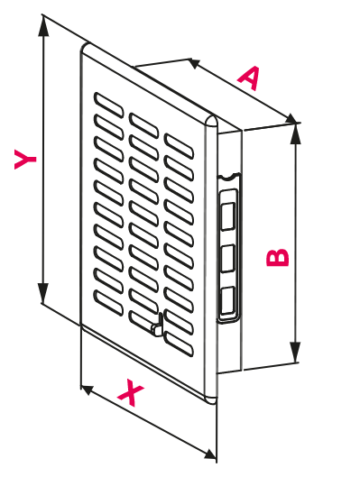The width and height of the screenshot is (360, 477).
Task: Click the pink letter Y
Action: (x=25, y=159)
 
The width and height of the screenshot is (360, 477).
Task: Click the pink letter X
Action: (x=131, y=392)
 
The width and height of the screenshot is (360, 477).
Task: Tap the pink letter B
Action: (x=277, y=258)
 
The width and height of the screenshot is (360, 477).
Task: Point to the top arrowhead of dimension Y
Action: (x=43, y=26)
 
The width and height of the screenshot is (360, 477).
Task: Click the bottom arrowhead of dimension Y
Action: (x=43, y=293)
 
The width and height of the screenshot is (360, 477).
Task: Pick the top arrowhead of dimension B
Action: (x=295, y=133)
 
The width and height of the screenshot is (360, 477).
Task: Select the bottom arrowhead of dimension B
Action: (x=295, y=352)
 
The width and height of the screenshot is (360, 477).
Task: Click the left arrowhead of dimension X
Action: (x=88, y=390)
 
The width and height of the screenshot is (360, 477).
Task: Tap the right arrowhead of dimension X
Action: (x=210, y=454)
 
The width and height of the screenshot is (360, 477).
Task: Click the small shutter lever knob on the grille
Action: (x=157, y=327)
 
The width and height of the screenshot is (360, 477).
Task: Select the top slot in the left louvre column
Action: (x=108, y=105)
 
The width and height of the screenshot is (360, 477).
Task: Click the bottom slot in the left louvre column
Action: (x=108, y=303)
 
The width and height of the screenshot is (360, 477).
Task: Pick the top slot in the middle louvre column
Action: (x=143, y=125)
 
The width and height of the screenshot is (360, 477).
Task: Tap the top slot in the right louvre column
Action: (x=179, y=146)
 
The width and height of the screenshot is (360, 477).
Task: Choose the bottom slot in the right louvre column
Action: (x=179, y=344)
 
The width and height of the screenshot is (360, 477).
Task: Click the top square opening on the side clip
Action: (x=227, y=216)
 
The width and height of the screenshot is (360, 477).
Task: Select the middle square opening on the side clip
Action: (x=227, y=258)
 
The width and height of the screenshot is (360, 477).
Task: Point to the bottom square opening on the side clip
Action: (x=227, y=300)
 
